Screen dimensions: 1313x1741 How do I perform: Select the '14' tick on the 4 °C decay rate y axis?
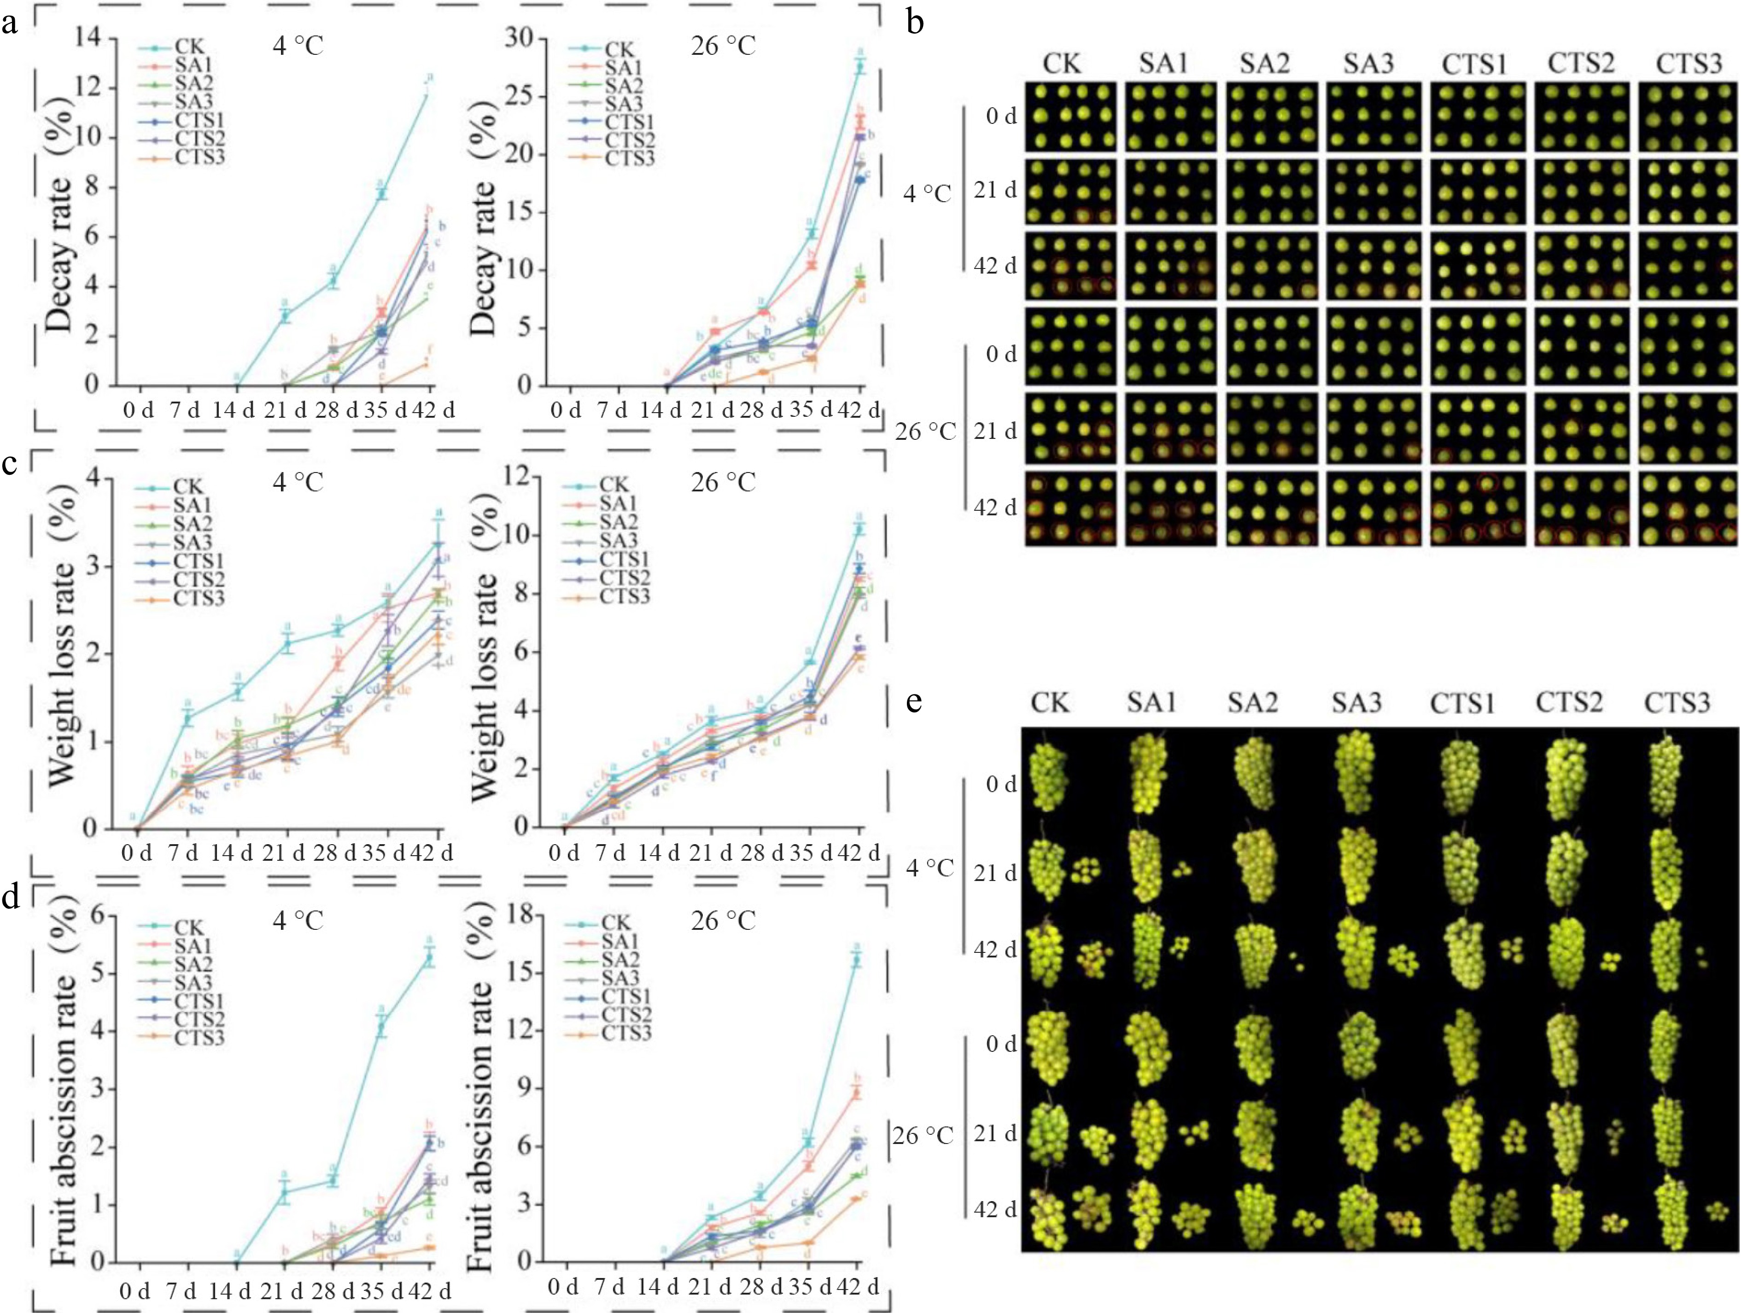[x=92, y=37]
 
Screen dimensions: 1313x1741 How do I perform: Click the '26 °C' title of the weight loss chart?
[x=723, y=482]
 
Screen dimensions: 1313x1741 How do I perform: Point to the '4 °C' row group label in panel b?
[x=927, y=193]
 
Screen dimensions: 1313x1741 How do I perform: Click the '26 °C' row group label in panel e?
[x=923, y=1135]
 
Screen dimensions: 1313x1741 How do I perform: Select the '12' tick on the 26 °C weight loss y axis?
[x=517, y=478]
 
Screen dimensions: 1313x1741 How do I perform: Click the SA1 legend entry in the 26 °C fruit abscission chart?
[x=621, y=941]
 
